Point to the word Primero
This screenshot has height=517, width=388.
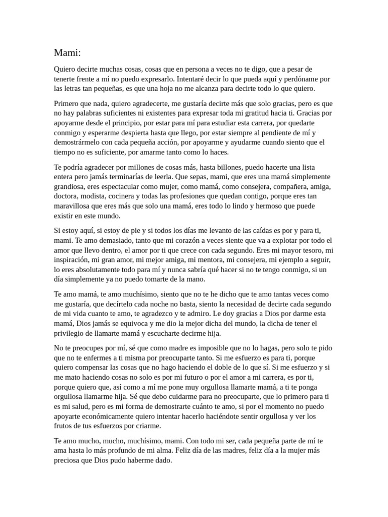coord(67,104)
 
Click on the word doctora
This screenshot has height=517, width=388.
coord(66,196)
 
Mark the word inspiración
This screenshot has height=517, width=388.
coord(72,260)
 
